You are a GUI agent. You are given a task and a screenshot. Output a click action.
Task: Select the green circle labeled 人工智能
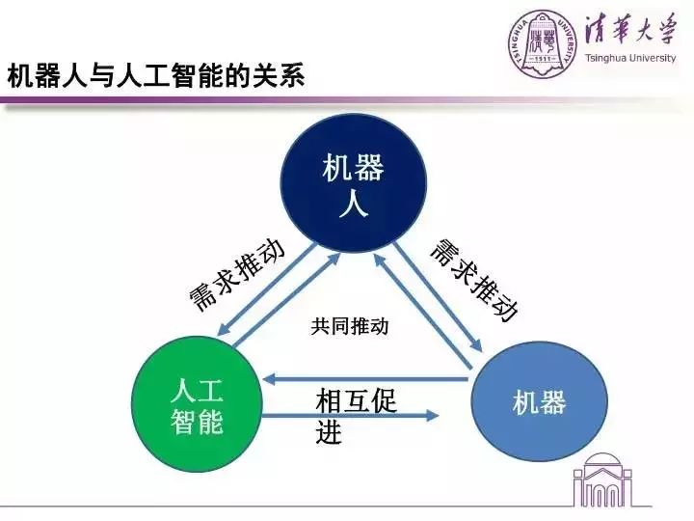[x=197, y=406]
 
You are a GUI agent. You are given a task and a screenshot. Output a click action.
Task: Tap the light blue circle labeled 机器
[x=540, y=402]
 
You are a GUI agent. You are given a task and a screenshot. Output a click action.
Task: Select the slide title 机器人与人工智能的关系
[x=156, y=76]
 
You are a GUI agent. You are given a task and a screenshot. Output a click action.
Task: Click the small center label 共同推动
[x=349, y=326]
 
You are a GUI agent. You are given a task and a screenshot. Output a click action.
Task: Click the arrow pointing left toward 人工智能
[x=366, y=379]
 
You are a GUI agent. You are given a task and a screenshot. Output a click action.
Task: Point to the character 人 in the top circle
[x=353, y=206]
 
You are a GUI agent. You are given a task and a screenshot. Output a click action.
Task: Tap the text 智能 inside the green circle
[x=197, y=422]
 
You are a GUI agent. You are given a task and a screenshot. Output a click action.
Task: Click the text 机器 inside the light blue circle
[x=539, y=403]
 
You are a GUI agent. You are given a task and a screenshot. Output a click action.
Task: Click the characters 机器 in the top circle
[x=353, y=171]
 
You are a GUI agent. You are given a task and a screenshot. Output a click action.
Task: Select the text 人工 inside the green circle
[x=197, y=391]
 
